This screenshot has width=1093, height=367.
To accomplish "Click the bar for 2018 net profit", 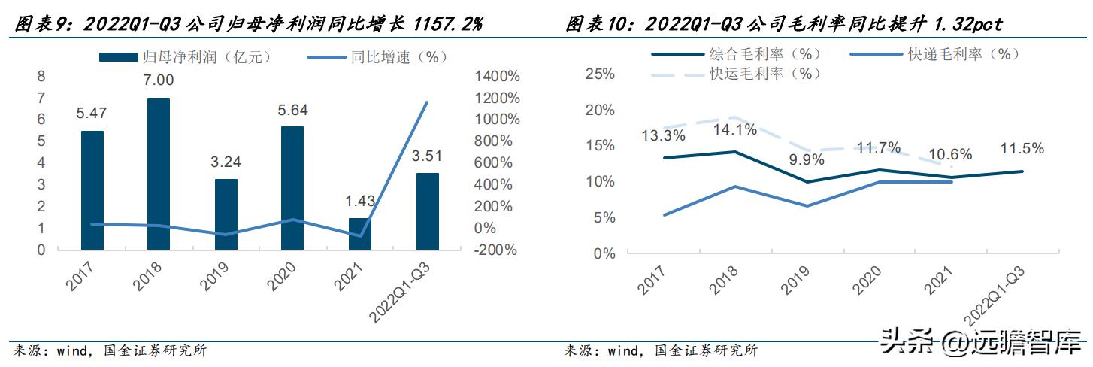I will point(158,173).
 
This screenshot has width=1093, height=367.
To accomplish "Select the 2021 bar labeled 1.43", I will point(359,233).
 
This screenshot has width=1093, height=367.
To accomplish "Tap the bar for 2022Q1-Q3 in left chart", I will point(426,211).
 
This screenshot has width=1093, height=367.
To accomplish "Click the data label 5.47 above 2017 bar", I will point(92,113).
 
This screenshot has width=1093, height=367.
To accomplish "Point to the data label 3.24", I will point(226,161).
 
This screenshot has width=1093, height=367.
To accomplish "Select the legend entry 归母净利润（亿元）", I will point(185,56).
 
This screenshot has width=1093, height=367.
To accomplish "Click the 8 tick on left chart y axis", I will point(41,76).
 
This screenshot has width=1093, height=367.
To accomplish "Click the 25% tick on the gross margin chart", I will point(599,74).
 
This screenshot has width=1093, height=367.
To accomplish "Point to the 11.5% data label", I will point(1022,148).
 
